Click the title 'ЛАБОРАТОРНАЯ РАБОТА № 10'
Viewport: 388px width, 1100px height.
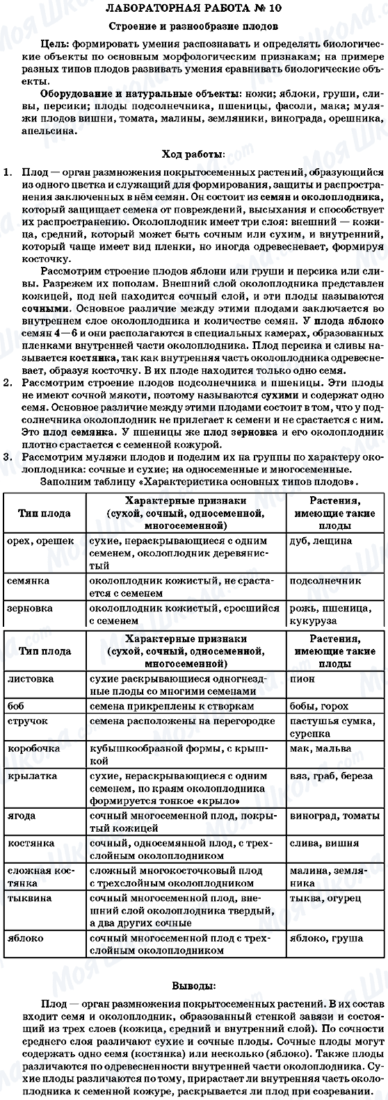(x=193, y=9)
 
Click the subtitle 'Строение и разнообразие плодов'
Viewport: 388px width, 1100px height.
(x=193, y=26)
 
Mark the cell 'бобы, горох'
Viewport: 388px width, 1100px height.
(x=316, y=705)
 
